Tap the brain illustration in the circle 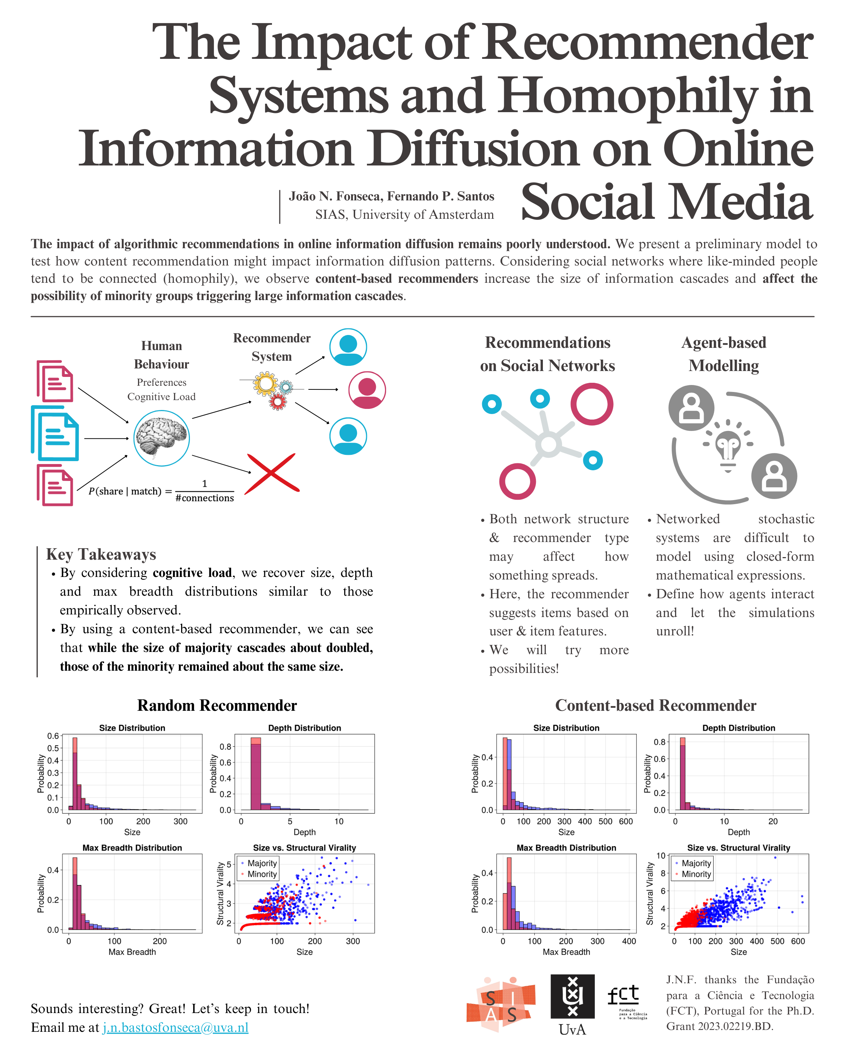tap(161, 438)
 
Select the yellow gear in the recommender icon tap(265, 384)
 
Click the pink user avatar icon tap(367, 390)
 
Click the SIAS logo tap(501, 1005)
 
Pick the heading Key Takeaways tap(101, 554)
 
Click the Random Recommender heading tap(217, 705)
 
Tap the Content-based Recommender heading tap(655, 705)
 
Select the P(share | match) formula tap(161, 491)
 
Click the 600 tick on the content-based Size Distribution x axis tap(626, 821)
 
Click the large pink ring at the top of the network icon tap(591, 404)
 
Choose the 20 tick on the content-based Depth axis tap(773, 821)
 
